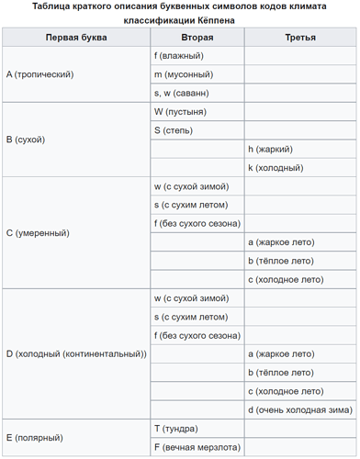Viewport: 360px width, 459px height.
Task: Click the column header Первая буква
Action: point(76,38)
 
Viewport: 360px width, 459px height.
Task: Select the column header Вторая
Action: point(197,38)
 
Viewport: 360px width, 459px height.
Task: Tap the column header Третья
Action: point(300,38)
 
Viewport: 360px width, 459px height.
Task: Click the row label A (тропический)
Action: point(39,74)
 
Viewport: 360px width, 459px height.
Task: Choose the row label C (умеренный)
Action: point(38,233)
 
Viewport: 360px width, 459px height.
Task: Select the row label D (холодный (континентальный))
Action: point(76,353)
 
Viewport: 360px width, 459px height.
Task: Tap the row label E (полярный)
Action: point(34,438)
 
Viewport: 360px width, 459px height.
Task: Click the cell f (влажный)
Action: point(179,56)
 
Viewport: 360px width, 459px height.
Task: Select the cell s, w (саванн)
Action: point(182,93)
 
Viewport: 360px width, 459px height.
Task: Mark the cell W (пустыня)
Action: point(180,112)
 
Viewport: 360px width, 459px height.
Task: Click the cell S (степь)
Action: point(175,130)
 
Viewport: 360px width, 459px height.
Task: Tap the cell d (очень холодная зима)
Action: point(299,409)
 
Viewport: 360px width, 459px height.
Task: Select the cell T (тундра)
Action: point(177,429)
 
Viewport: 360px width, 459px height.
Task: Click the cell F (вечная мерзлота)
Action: point(197,447)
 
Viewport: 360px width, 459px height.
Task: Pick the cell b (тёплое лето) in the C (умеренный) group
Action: point(281,261)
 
